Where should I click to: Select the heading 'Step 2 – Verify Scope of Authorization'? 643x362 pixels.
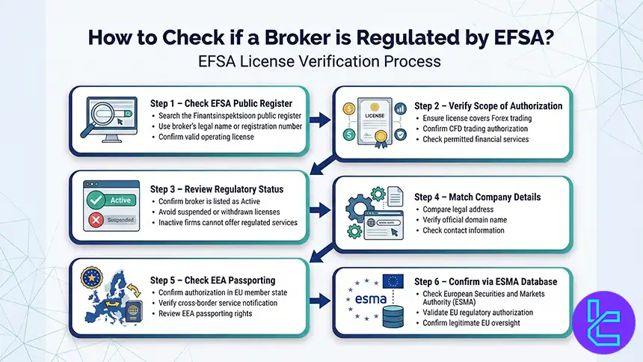[488, 106]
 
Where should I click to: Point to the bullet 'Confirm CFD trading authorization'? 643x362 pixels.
[476, 129]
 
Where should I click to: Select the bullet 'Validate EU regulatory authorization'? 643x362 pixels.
[487, 312]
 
